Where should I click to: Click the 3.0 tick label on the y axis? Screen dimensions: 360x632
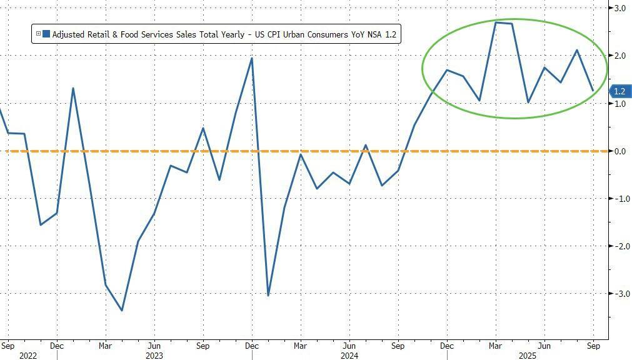pos(619,8)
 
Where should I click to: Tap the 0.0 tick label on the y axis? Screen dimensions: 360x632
pos(619,151)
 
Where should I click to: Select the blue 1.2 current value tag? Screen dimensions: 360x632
pos(619,91)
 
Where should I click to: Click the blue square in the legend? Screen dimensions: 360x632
pos(46,34)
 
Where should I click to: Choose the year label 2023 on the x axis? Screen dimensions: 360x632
pos(154,355)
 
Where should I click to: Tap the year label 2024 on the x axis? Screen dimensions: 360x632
pos(349,355)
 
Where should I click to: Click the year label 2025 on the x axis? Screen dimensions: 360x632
pos(544,355)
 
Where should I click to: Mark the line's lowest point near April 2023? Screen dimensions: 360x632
pos(121,310)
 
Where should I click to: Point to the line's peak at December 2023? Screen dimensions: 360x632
pos(251,58)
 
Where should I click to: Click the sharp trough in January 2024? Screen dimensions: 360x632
pos(268,295)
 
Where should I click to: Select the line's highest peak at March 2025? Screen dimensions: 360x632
pos(496,22)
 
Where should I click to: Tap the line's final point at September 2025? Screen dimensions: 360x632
pos(593,91)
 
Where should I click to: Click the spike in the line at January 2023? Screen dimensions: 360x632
pos(73,88)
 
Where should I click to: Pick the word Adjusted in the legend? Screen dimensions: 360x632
pos(69,34)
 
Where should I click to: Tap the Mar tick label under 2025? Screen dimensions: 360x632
pos(496,345)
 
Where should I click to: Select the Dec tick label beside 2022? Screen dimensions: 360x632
pos(56,345)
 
